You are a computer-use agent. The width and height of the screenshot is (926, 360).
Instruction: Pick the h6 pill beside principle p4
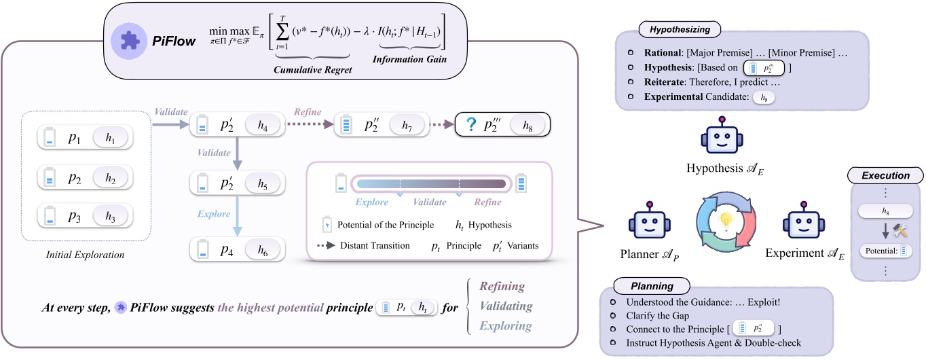click(262, 249)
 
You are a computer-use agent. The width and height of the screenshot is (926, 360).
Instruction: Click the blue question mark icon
click(468, 124)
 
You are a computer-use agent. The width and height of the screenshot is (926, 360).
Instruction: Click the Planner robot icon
click(648, 223)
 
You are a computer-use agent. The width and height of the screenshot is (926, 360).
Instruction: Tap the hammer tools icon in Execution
click(901, 230)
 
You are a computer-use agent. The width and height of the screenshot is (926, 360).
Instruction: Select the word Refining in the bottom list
click(502, 287)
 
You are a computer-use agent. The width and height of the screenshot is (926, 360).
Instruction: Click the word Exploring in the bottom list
click(506, 325)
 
